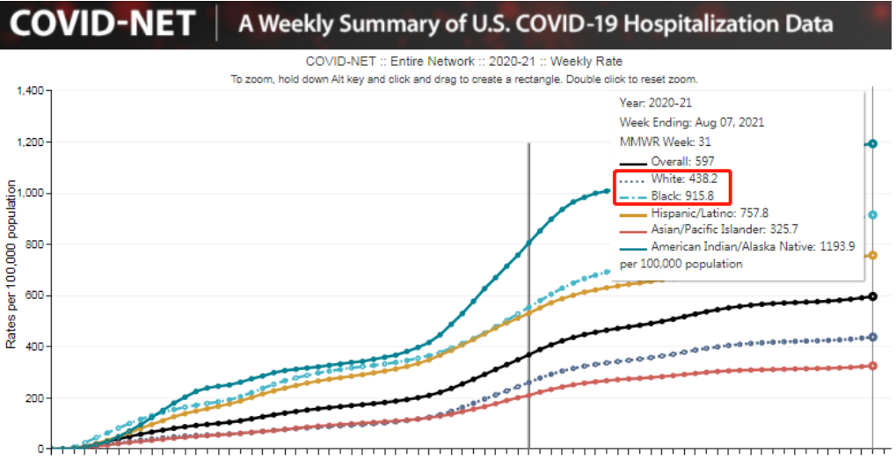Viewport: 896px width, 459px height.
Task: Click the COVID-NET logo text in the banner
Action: click(x=102, y=23)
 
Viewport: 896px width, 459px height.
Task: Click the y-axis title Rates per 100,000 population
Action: click(x=11, y=265)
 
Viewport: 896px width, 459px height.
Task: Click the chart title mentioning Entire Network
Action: click(x=463, y=62)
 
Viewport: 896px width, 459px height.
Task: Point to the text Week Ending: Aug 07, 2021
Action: click(x=691, y=122)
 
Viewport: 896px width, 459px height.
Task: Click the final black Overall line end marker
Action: click(x=872, y=296)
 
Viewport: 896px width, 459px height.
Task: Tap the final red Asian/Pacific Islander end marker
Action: click(x=872, y=366)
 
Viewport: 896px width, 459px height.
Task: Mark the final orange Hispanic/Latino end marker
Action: click(x=872, y=255)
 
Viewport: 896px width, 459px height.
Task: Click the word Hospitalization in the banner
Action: click(x=672, y=23)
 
